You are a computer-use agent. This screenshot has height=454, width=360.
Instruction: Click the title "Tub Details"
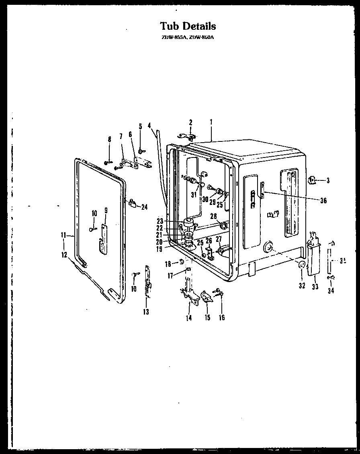tap(188, 26)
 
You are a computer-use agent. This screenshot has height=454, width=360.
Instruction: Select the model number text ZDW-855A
tap(173, 37)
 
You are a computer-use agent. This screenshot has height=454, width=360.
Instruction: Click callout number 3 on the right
tap(328, 181)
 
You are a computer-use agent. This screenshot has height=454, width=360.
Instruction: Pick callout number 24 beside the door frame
tap(144, 207)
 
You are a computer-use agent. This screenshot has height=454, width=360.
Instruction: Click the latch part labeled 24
tap(132, 203)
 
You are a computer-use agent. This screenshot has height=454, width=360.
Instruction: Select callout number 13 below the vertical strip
tap(146, 312)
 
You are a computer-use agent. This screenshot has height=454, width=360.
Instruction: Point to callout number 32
tap(302, 286)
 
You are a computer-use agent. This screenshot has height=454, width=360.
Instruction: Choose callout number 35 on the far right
tap(343, 260)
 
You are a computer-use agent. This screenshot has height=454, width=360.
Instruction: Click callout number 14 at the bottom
tap(189, 318)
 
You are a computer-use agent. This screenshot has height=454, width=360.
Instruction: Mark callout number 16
tap(222, 318)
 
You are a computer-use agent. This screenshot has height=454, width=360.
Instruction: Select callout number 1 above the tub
tap(211, 121)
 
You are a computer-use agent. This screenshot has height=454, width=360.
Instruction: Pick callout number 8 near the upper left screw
tap(109, 139)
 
